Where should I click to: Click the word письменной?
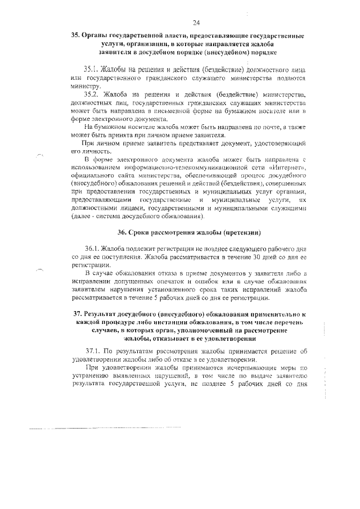click(x=174, y=111)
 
